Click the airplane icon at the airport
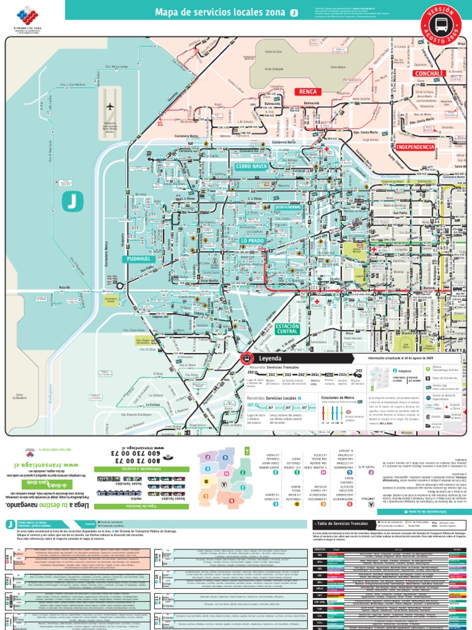coord(111,106)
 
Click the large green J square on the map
coord(73,201)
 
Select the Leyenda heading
coord(271,358)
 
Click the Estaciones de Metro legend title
coord(337,398)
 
